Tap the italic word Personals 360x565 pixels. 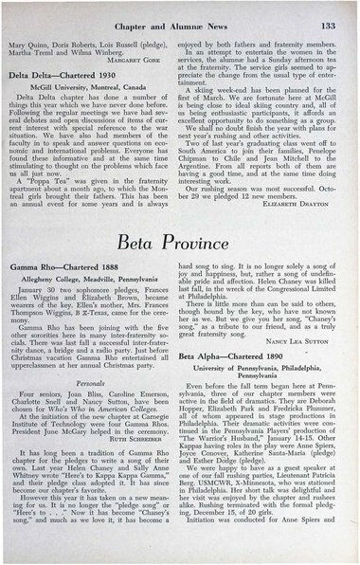pyautogui.click(x=99, y=410)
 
